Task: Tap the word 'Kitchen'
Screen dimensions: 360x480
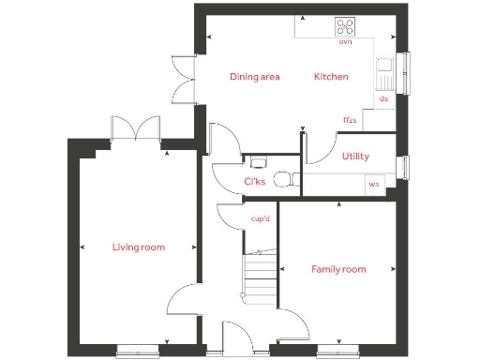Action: pos(331,77)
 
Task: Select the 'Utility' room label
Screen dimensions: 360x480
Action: pos(355,157)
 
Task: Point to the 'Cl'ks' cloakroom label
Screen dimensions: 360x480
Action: pos(254,182)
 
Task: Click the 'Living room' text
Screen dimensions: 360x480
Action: pos(139,247)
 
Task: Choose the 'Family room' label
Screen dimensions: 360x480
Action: pos(338,269)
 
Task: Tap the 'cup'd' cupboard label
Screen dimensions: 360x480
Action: pos(261,219)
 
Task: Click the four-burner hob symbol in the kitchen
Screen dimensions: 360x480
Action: pos(345,27)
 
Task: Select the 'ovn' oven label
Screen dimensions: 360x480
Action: pos(345,42)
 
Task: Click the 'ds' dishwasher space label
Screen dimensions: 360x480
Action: pos(382,98)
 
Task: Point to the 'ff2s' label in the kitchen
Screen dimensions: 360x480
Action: pos(350,120)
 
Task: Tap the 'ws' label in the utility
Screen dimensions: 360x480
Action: pos(374,184)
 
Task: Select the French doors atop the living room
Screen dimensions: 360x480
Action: pos(137,129)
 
